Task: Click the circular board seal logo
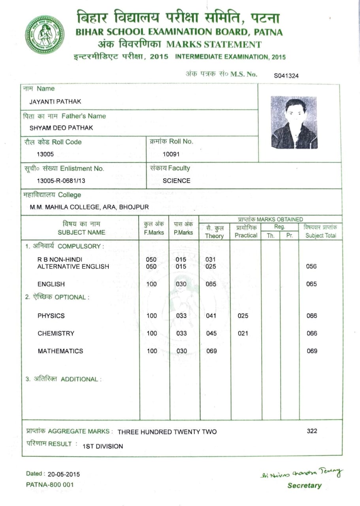point(45,34)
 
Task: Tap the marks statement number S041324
point(286,76)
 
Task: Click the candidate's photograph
point(294,123)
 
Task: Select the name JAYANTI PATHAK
point(55,102)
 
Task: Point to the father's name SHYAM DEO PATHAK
point(61,128)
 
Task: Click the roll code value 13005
point(45,154)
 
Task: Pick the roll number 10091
point(171,154)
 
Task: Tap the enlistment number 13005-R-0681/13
point(61,181)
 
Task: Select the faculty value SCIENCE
point(176,181)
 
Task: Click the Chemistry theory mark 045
point(211,333)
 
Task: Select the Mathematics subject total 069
point(312,351)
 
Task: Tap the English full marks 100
point(152,284)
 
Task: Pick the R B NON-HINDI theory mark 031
point(211,259)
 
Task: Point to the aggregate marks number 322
point(312,431)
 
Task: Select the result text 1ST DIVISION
point(103,446)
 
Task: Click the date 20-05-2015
point(64,474)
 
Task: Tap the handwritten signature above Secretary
point(302,473)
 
